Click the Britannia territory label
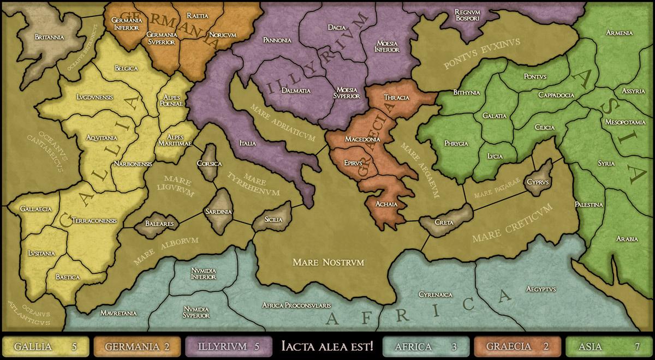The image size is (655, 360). click(49, 37)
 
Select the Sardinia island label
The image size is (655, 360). click(218, 211)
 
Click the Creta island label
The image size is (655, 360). click(444, 223)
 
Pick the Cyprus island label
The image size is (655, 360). click(538, 181)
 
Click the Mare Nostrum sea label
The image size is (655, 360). click(328, 263)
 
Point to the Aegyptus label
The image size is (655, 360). click(541, 289)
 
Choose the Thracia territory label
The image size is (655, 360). click(396, 98)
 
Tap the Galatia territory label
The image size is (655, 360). click(495, 116)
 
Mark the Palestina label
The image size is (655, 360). click(588, 205)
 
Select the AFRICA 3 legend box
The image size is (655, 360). click(426, 346)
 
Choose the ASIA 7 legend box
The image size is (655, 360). click(609, 346)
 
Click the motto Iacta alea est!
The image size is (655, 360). click(327, 346)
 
